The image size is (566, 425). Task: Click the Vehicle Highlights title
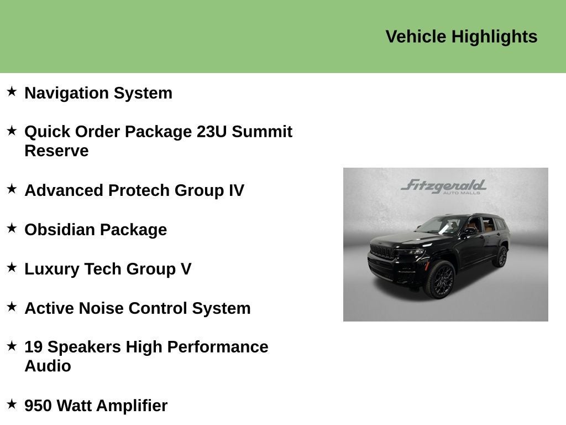click(461, 37)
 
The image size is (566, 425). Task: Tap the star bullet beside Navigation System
click(12, 91)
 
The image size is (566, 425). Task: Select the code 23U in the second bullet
click(212, 132)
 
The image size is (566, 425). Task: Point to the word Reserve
click(56, 151)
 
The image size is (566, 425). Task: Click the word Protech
click(139, 190)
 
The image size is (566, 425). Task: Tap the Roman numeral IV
click(236, 190)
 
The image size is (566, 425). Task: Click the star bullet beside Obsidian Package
click(12, 228)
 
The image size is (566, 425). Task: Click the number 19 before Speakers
click(34, 347)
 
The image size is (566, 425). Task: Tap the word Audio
click(48, 366)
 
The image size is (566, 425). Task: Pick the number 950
click(38, 406)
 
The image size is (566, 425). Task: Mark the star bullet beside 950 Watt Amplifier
click(12, 404)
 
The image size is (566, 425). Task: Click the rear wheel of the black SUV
click(502, 257)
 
